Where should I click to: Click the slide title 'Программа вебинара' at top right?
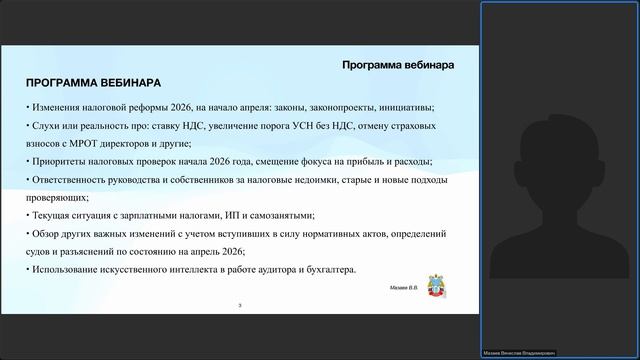click(x=398, y=65)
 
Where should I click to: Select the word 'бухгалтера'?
click(x=326, y=270)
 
